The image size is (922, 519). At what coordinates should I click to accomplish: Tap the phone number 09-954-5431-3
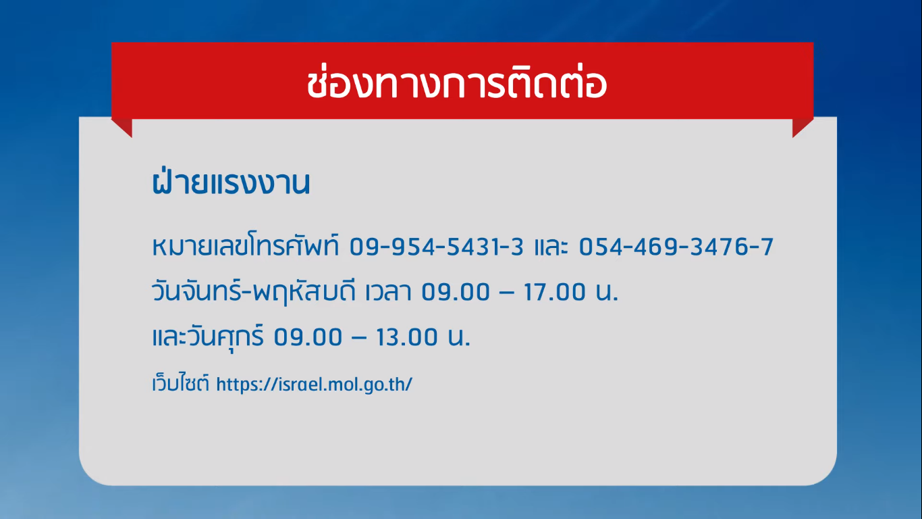pyautogui.click(x=437, y=247)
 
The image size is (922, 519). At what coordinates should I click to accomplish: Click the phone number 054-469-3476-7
pyautogui.click(x=676, y=247)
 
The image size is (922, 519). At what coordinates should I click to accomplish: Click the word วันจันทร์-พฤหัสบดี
pyautogui.click(x=254, y=291)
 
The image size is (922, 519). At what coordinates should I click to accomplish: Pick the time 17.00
pyautogui.click(x=554, y=292)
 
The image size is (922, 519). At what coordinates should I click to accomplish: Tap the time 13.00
pyautogui.click(x=406, y=337)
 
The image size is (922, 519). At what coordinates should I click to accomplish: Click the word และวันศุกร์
pyautogui.click(x=208, y=337)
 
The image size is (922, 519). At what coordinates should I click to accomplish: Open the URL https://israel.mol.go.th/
pyautogui.click(x=314, y=385)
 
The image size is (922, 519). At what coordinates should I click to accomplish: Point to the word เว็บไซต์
pyautogui.click(x=181, y=383)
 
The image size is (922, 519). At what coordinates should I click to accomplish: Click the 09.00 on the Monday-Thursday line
pyautogui.click(x=456, y=292)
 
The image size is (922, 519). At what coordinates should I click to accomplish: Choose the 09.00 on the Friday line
pyautogui.click(x=308, y=337)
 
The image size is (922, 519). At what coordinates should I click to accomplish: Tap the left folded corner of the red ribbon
pyautogui.click(x=122, y=128)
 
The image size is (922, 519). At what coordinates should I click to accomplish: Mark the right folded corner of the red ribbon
pyautogui.click(x=803, y=128)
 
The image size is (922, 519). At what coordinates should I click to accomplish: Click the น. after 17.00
pyautogui.click(x=607, y=293)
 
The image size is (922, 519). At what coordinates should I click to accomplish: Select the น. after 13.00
pyautogui.click(x=459, y=338)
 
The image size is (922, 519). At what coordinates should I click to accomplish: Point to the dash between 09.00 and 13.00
pyautogui.click(x=359, y=338)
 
